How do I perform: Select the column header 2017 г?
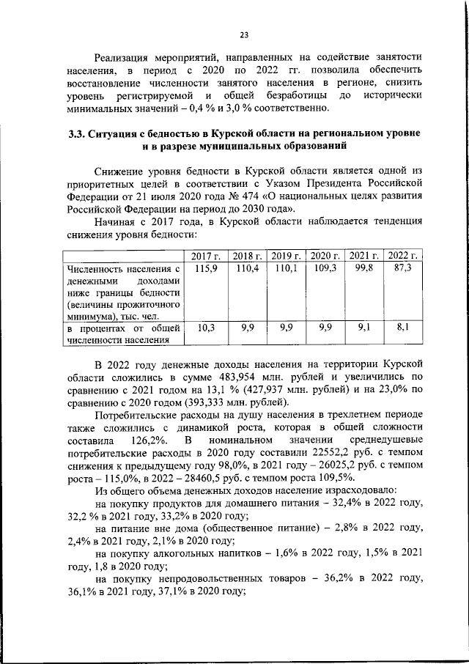point(207,255)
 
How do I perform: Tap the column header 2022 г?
point(402,255)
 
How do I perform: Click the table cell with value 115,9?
point(207,269)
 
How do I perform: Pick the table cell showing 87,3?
point(402,269)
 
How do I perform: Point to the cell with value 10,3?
point(207,329)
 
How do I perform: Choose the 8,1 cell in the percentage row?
point(402,329)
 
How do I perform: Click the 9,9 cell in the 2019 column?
point(287,329)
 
